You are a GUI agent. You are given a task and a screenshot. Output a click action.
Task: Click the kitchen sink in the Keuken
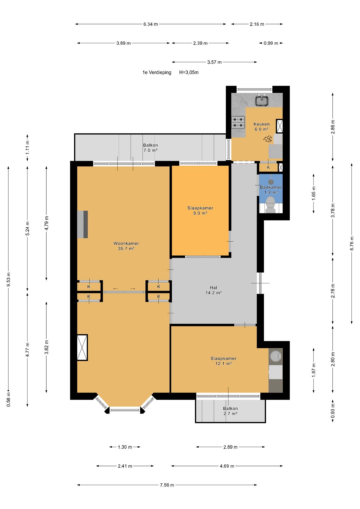pos(262,100)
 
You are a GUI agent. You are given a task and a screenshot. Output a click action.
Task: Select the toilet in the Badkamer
pos(270,205)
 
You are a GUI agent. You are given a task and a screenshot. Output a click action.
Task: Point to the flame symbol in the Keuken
pos(267,139)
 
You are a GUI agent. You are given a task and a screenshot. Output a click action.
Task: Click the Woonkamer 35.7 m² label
pos(126,246)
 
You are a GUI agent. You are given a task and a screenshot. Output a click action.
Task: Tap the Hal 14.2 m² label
pos(213,290)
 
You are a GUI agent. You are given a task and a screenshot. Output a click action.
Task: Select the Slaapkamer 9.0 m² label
pos(200,210)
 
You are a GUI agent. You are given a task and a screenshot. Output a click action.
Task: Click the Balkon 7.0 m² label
pos(150,148)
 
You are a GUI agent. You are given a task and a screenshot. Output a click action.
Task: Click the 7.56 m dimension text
pos(167,485)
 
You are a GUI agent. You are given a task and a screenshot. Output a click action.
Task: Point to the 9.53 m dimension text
pos(8,279)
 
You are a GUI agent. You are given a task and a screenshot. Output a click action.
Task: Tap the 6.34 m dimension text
pos(150,24)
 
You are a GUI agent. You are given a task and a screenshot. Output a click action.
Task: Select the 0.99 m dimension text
pos(271,43)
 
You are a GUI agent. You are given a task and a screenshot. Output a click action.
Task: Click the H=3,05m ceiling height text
pos(189,72)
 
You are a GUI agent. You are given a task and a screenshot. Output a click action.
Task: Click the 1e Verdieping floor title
pos(157,72)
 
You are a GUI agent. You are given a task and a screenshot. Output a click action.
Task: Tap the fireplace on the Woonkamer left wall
pos(82,224)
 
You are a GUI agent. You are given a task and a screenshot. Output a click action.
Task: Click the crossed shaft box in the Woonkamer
pos(82,347)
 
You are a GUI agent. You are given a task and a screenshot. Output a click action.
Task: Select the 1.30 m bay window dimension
pos(125,447)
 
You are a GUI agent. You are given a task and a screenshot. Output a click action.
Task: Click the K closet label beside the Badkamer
pos(268,167)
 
